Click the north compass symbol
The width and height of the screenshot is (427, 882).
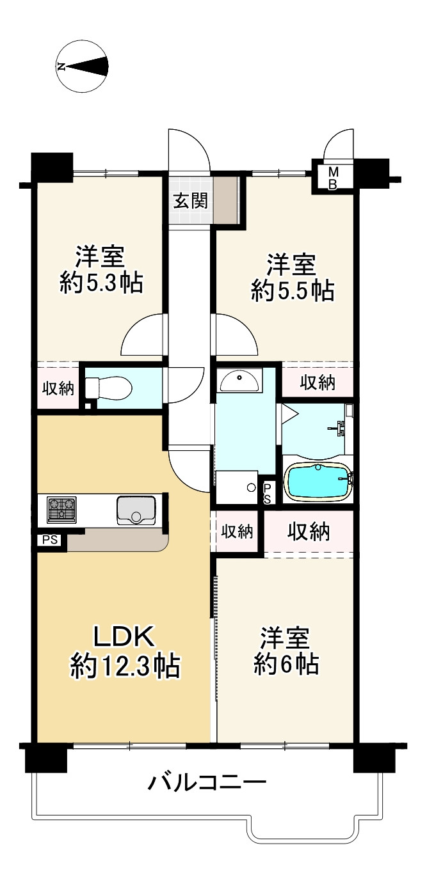pyautogui.click(x=83, y=66)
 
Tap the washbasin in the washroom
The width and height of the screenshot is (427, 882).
pyautogui.click(x=240, y=381)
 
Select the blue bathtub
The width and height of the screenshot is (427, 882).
pyautogui.click(x=318, y=482)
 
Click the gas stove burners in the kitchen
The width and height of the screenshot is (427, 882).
pyautogui.click(x=61, y=510)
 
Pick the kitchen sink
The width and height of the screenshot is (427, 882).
pyautogui.click(x=136, y=510)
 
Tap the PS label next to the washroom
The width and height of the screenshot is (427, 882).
pyautogui.click(x=268, y=492)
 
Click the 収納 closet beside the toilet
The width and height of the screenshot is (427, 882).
pyautogui.click(x=58, y=388)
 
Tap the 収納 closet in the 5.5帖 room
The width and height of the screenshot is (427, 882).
pyautogui.click(x=318, y=382)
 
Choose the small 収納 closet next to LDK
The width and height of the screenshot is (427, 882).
pyautogui.click(x=236, y=532)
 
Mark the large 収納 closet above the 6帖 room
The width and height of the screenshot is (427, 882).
pyautogui.click(x=308, y=531)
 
